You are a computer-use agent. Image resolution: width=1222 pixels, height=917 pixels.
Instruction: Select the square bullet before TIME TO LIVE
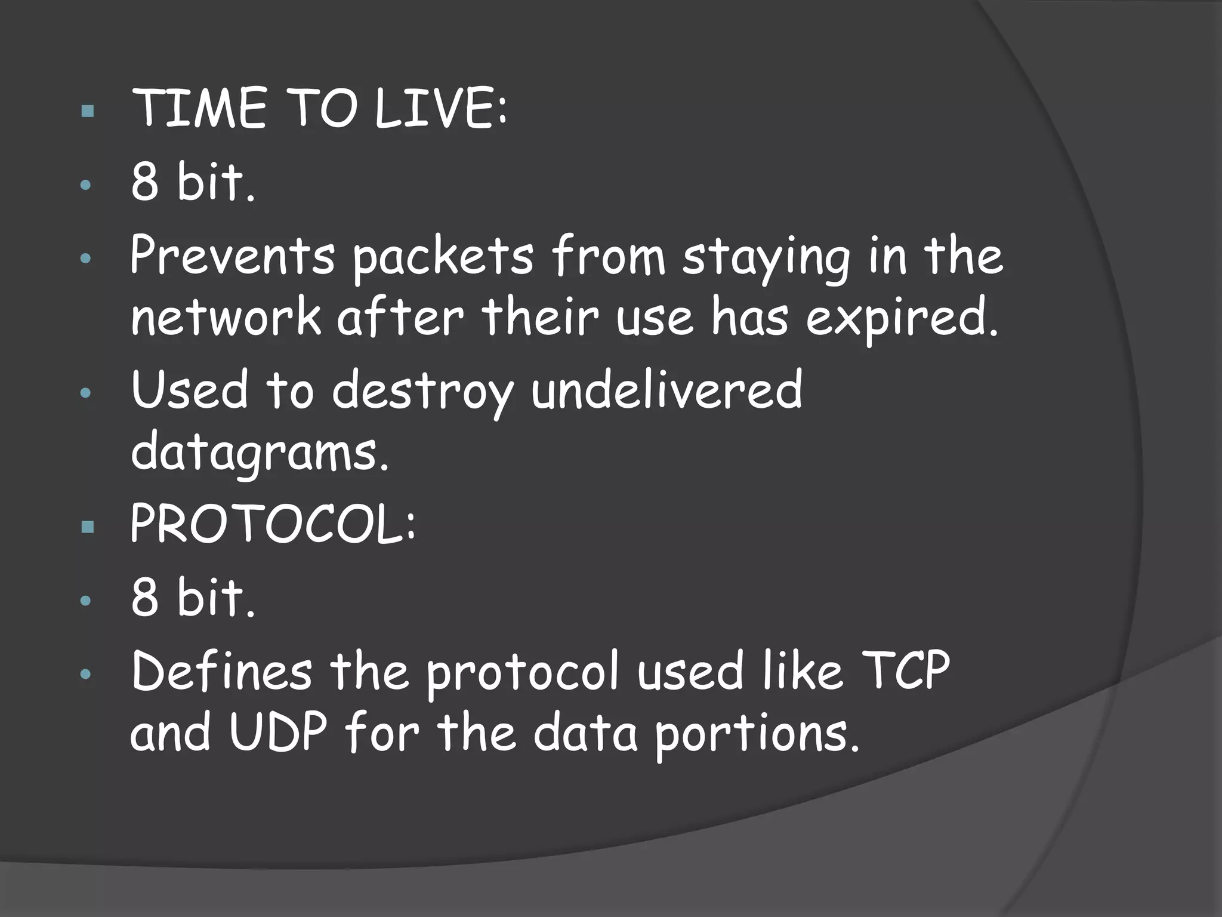88,110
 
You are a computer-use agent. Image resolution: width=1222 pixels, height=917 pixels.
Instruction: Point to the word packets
442,258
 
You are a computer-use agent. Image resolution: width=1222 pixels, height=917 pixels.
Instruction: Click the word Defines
221,671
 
